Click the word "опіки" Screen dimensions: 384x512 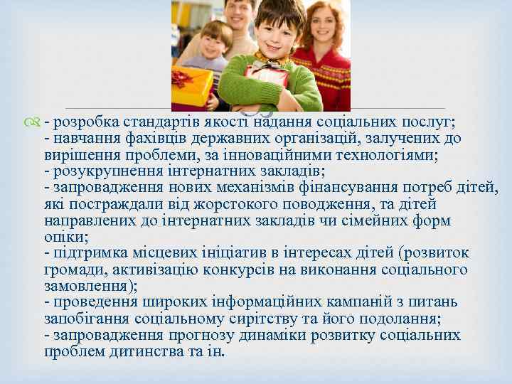pos(65,236)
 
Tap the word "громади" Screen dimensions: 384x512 pos(74,269)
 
